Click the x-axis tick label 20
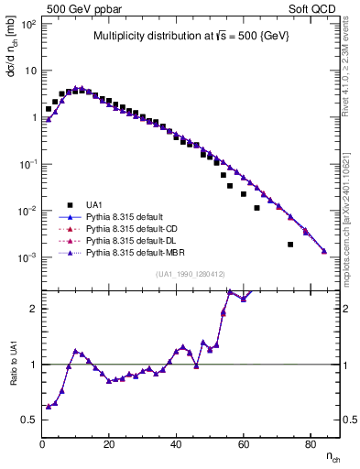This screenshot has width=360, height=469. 109,444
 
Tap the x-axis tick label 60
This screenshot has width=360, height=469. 244,444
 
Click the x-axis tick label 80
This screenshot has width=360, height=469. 311,444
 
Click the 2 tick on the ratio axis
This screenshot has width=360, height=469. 33,309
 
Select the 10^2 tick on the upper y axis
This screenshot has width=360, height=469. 28,24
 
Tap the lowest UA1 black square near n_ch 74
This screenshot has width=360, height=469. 290,245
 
